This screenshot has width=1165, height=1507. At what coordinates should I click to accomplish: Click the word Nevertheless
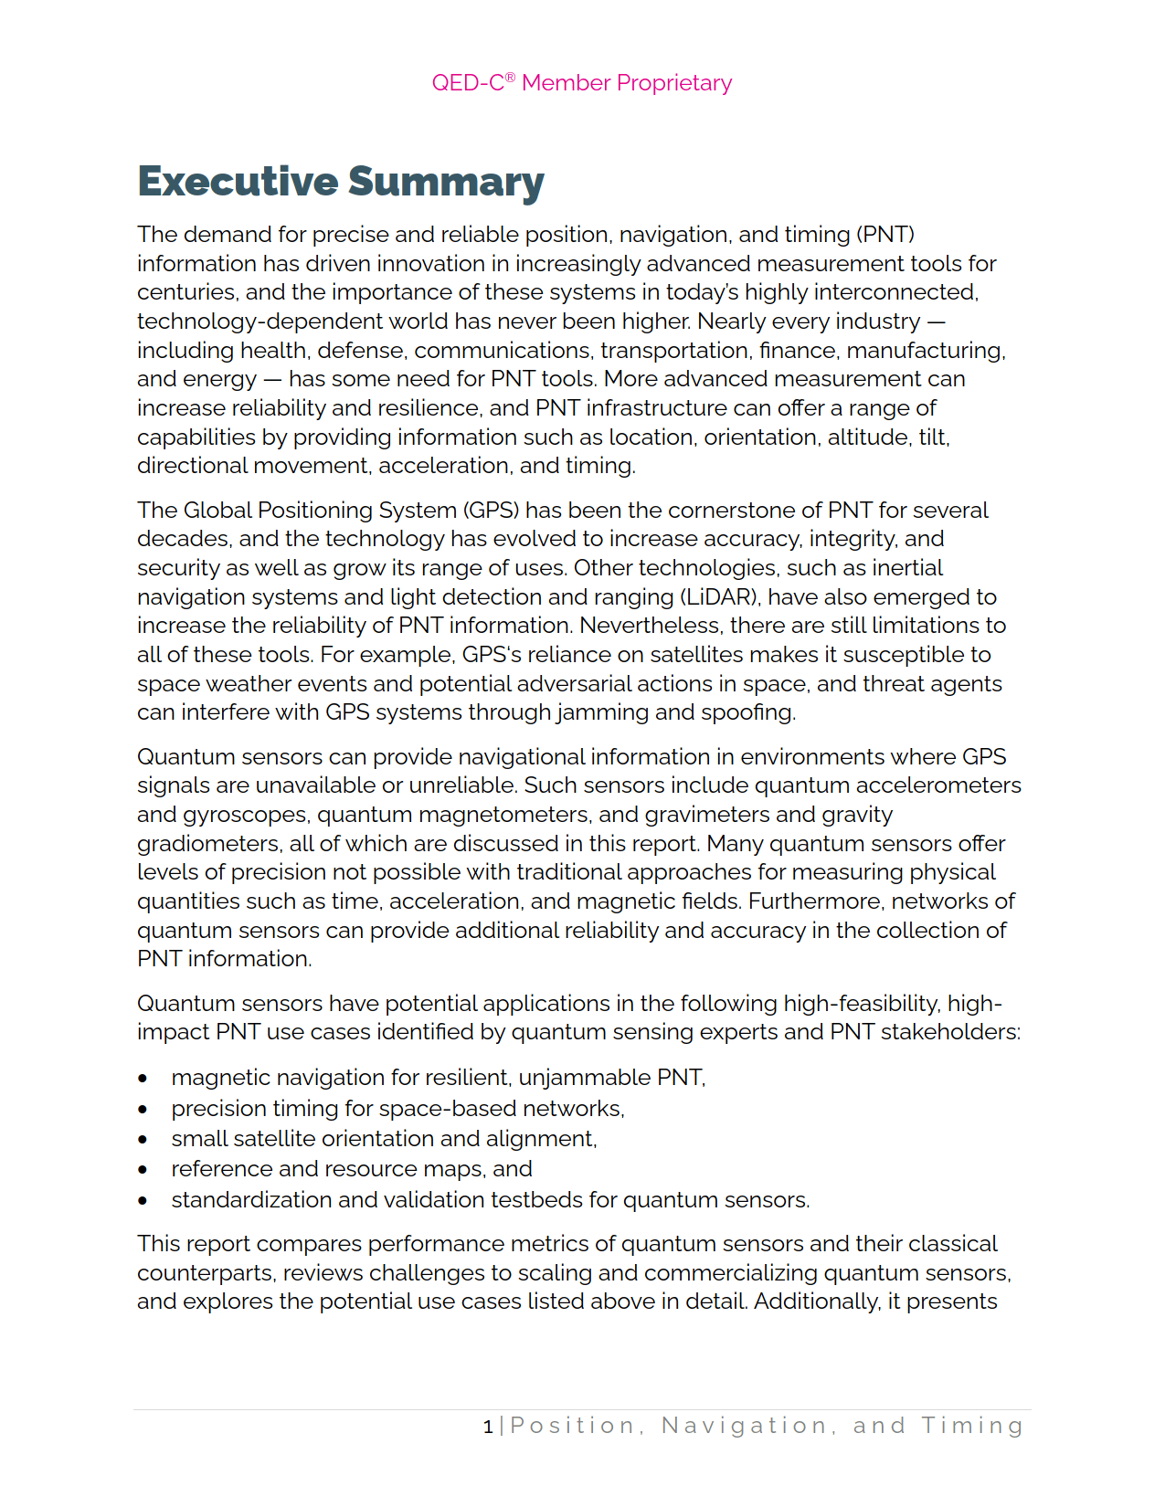pyautogui.click(x=648, y=626)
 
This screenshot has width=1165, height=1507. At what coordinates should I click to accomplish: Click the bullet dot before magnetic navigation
pyautogui.click(x=143, y=1079)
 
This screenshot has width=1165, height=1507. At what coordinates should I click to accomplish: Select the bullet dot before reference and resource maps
pyautogui.click(x=143, y=1170)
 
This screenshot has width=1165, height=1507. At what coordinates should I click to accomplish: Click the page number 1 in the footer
pyautogui.click(x=488, y=1427)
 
